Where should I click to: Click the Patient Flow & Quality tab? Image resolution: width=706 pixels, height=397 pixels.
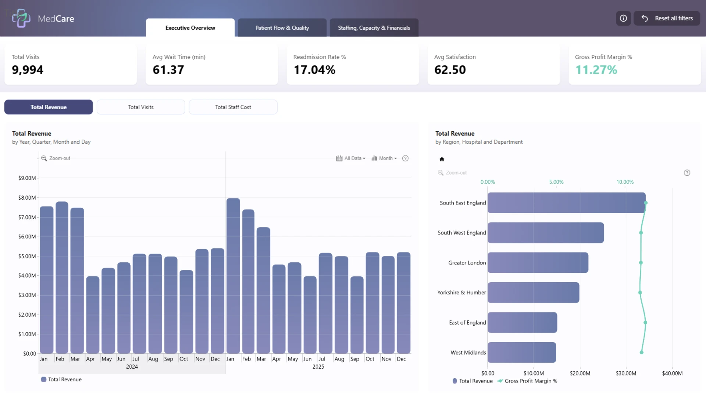pos(282,28)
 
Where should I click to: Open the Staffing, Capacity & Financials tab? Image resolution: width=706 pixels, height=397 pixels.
pos(374,28)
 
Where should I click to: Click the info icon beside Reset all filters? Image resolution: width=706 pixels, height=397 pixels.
pos(623,18)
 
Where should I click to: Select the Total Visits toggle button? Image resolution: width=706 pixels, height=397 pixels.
pos(141,107)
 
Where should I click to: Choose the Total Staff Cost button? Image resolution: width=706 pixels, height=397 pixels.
pos(233,107)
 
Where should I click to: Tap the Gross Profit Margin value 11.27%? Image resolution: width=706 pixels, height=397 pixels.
pos(596,70)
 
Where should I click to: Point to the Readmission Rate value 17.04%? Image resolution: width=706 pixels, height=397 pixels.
pos(314,70)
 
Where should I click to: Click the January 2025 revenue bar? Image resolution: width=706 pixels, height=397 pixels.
pos(233,276)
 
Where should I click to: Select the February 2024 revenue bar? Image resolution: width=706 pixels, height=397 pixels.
pos(62,278)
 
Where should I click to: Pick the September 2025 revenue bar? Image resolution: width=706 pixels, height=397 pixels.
pos(357,315)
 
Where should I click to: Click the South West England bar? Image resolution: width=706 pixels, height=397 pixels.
pos(546,233)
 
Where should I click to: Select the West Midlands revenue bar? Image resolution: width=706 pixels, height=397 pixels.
pos(522,353)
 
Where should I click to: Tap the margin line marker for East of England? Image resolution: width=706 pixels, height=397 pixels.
pos(645,323)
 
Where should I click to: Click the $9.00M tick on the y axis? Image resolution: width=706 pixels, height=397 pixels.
pos(27,178)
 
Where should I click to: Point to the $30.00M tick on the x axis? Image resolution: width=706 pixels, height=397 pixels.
pos(626,373)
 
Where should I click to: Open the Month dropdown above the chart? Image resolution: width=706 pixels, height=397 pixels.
pos(384,158)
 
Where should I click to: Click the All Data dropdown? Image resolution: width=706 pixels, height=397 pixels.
pos(351,158)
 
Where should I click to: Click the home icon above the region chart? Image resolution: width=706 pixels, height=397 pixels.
pos(442,159)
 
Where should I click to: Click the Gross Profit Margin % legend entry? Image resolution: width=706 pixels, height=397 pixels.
pos(527,381)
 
